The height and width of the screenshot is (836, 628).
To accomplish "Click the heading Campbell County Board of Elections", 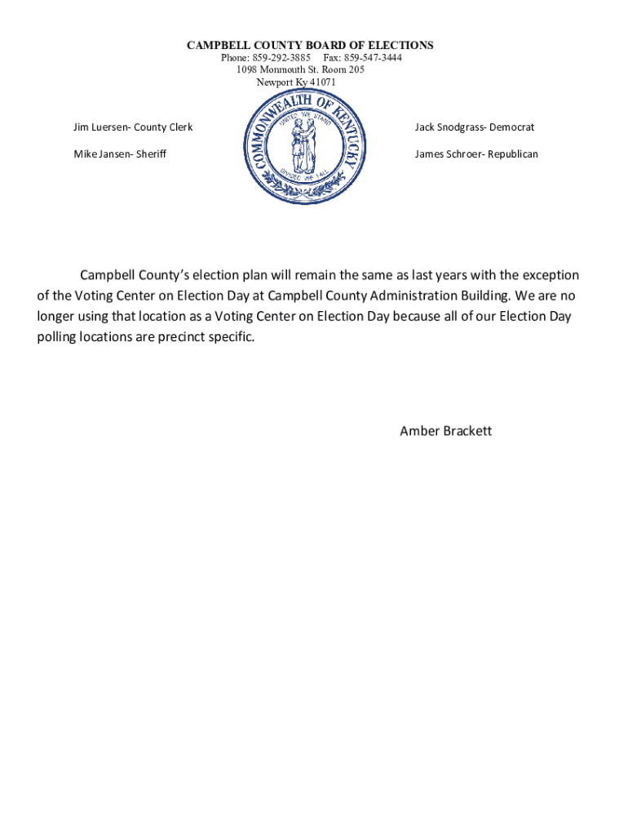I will tap(310, 46).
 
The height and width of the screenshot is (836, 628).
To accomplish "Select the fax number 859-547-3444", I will tap(374, 58).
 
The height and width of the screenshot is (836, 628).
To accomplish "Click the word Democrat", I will tap(512, 127).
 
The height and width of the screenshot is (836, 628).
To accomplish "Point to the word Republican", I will tap(513, 153).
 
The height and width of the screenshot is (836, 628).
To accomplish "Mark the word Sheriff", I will tap(151, 153).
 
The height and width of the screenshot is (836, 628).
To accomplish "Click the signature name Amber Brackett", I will tap(445, 431).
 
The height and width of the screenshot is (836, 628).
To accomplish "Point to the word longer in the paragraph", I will tap(57, 316).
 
